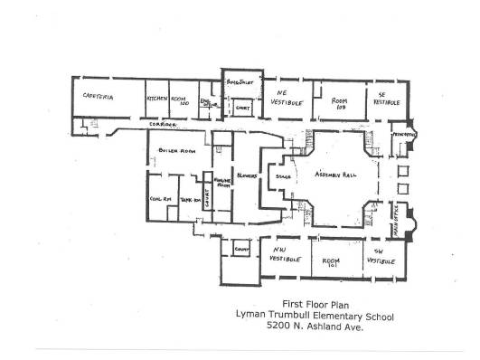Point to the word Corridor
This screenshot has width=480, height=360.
(x=158, y=121)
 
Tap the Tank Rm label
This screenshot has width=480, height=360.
(x=190, y=201)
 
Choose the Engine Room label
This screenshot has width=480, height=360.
(x=221, y=184)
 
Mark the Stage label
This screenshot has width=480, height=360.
(x=281, y=175)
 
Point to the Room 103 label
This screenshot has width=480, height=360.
(x=340, y=103)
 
